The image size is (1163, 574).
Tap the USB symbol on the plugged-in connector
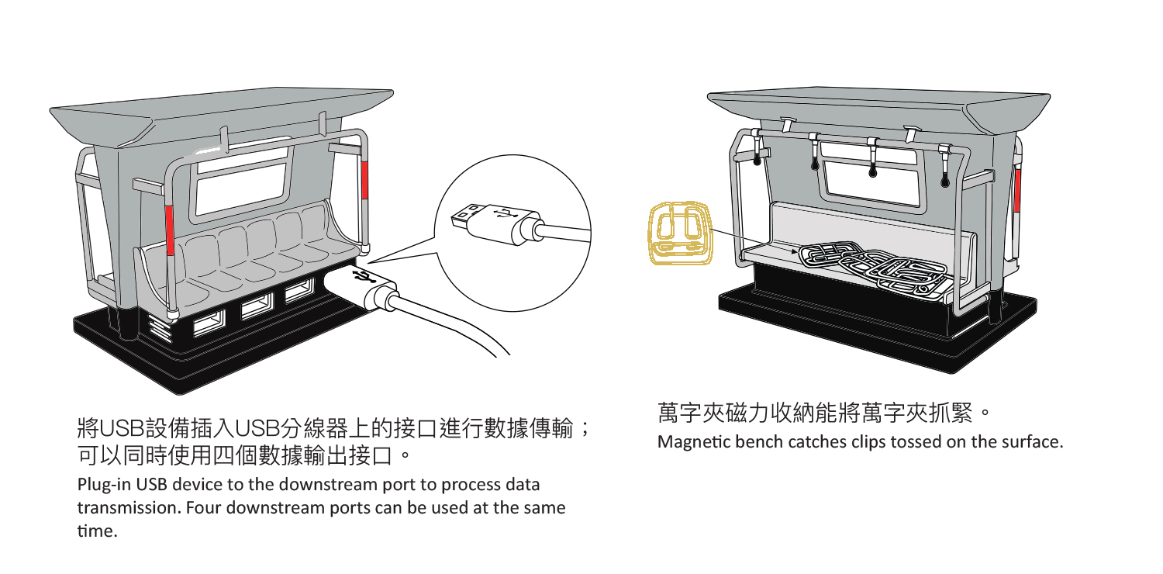click(360, 278)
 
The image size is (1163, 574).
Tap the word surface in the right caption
click(1032, 443)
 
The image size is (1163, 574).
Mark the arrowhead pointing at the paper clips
click(794, 251)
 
